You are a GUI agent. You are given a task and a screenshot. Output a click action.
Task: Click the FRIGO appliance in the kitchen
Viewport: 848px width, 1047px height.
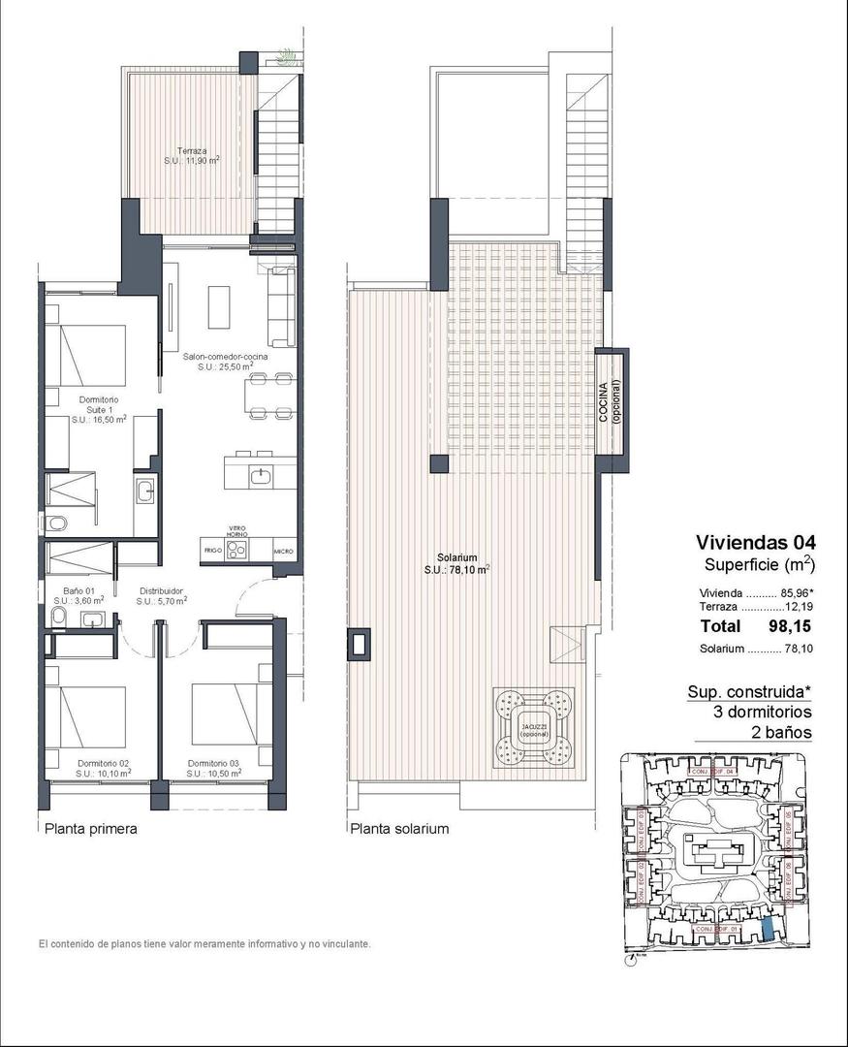click(212, 550)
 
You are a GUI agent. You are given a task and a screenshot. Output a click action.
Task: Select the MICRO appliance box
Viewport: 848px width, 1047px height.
click(283, 550)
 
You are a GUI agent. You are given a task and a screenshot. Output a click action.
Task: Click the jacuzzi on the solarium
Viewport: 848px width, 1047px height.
click(533, 727)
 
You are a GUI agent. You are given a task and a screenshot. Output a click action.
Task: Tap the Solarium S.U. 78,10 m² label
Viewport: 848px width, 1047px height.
click(456, 564)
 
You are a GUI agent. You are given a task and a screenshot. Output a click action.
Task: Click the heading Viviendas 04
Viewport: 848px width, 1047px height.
click(756, 542)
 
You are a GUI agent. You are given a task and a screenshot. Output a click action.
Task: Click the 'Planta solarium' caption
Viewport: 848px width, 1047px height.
click(399, 829)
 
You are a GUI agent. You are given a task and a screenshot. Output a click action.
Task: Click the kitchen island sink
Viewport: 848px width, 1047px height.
click(261, 475)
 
